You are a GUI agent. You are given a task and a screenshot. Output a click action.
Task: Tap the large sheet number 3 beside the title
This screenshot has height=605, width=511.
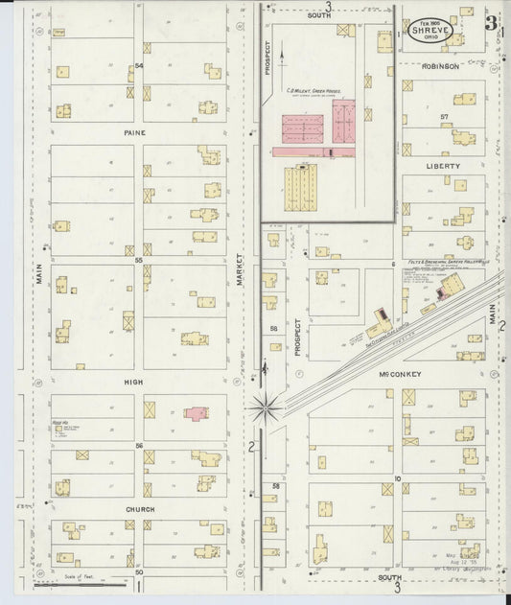point(490,23)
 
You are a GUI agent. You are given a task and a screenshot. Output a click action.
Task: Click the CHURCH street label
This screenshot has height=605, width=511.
point(139,509)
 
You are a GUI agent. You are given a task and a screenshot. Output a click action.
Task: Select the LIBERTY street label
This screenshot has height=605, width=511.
point(443,166)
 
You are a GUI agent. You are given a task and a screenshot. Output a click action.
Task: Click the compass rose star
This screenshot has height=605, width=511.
point(265,408)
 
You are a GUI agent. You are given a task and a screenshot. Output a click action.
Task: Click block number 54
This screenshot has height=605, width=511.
point(139,65)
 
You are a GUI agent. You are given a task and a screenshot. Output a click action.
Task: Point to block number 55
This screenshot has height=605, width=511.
point(139,260)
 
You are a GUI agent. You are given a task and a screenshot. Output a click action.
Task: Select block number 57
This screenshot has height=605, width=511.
point(444,116)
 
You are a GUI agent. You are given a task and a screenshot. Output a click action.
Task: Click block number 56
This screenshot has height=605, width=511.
point(139,446)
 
